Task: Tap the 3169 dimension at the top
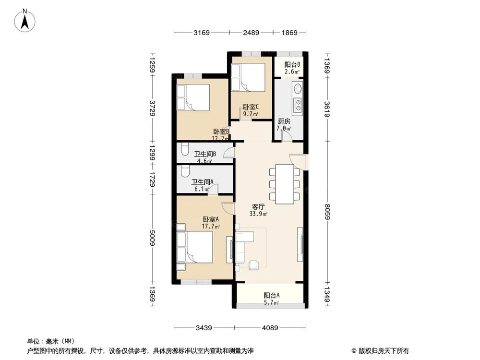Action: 202,33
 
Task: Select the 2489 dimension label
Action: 251,33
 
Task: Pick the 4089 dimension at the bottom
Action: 270,328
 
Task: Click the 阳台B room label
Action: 292,64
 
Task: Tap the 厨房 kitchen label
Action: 284,121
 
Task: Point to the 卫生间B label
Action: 204,154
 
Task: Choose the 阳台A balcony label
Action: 272,296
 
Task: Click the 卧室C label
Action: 251,107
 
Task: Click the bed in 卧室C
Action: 247,77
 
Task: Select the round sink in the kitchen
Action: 298,88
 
